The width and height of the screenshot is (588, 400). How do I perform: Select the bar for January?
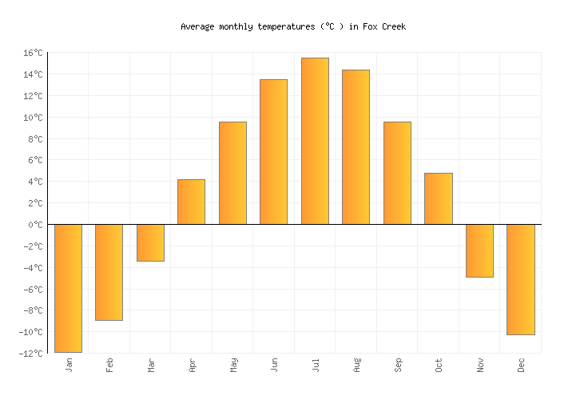click(68, 288)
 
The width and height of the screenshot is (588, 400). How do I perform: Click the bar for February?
click(109, 272)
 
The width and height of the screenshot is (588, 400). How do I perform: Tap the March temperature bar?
click(150, 242)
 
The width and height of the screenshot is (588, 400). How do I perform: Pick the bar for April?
click(191, 202)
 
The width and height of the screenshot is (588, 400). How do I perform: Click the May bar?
click(232, 173)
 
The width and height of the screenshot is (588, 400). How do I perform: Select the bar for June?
click(273, 152)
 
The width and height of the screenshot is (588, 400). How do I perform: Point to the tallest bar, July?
click(315, 141)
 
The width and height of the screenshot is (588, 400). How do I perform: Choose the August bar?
click(356, 147)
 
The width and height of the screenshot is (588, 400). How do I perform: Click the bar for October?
click(438, 198)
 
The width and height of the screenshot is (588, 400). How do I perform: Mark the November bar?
click(479, 250)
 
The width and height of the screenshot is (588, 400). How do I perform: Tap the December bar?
click(520, 279)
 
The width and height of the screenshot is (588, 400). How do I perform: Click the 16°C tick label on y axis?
click(33, 53)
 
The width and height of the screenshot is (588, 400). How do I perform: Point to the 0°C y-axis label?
click(35, 225)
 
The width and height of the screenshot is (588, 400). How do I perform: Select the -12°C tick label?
click(31, 354)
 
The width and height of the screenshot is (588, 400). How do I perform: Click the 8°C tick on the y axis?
click(35, 139)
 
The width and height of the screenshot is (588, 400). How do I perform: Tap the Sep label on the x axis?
click(398, 365)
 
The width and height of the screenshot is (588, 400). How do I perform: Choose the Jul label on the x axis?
click(316, 365)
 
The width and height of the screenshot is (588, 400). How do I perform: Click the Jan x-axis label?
click(69, 365)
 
